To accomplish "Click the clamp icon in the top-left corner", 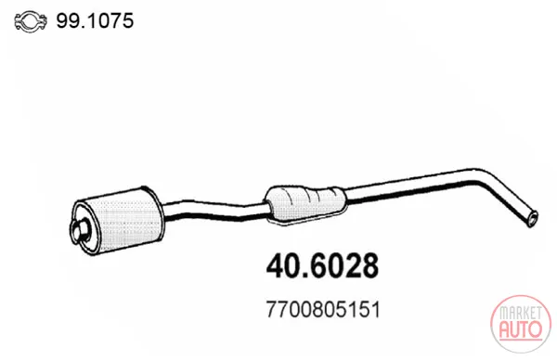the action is click(31, 21).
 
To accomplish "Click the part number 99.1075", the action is click(95, 20).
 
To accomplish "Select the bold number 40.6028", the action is click(322, 266).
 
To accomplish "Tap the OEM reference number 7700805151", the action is click(323, 310).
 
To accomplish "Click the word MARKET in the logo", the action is click(521, 313).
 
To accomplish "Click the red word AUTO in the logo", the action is click(521, 328).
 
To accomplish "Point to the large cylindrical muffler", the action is click(117, 221).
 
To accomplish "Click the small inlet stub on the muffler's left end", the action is click(80, 231).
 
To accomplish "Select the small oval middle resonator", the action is click(306, 205).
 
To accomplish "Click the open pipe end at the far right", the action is click(533, 219).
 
